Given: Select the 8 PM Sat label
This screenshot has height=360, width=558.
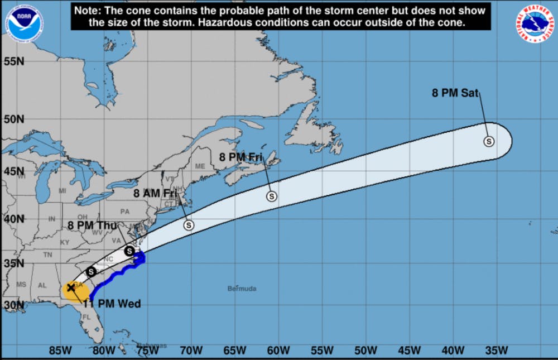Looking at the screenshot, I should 455,93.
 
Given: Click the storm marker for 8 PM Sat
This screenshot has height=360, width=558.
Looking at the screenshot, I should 489,141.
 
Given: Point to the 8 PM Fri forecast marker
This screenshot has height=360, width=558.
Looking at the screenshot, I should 272,196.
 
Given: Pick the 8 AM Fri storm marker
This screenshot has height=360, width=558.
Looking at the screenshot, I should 189,225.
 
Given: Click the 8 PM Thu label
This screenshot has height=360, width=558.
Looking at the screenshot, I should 92,225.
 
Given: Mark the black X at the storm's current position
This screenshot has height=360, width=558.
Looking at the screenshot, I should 71,287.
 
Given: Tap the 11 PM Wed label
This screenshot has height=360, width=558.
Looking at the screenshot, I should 112,304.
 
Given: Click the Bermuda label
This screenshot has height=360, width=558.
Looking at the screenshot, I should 242,289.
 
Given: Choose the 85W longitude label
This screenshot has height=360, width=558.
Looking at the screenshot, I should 60,351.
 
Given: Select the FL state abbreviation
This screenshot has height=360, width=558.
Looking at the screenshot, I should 86,317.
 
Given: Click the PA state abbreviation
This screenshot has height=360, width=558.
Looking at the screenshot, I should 124,212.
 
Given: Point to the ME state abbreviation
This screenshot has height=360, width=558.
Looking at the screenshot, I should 200,166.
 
